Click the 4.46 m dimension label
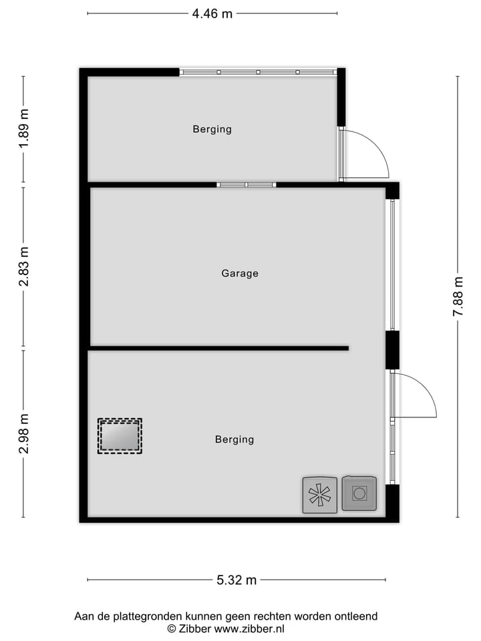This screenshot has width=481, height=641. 212,13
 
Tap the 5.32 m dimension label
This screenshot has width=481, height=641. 236,580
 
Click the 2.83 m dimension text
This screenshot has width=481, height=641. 23,267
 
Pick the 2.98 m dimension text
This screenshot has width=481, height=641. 23,433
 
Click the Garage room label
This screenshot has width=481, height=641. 240,273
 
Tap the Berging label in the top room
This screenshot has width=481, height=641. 212,129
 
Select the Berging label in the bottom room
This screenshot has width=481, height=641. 234,439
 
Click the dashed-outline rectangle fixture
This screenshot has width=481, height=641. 120,436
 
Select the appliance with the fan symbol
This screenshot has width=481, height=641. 319,495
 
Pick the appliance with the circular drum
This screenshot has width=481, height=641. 359,493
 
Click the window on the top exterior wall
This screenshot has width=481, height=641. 258,72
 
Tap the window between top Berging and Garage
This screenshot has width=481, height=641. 246,184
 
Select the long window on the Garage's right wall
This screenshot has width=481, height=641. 393,264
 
